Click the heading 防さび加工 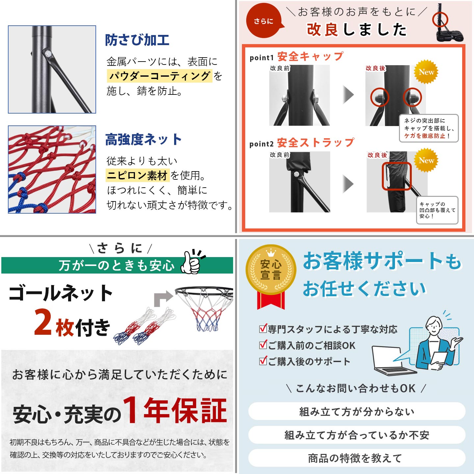[x=137, y=40]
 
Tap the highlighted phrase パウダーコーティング [x=159, y=76]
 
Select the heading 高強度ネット [x=144, y=140]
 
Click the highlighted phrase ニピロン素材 [x=138, y=175]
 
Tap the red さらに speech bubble [x=264, y=21]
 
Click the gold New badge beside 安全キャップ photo [x=426, y=72]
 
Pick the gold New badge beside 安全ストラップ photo [x=426, y=160]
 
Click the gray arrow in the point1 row [x=349, y=95]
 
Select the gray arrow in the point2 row [x=349, y=184]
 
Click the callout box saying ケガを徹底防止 [x=429, y=128]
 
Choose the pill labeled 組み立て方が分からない [x=357, y=412]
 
